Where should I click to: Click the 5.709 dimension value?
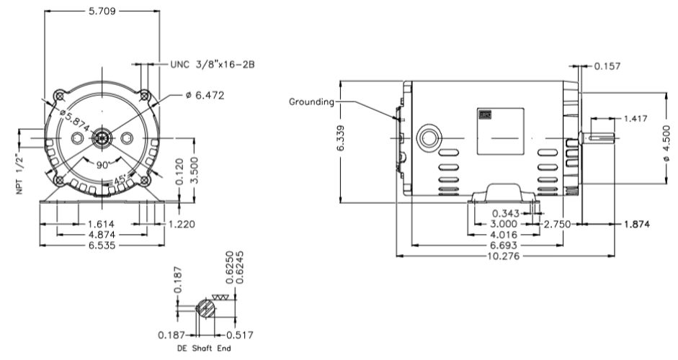point(102,12)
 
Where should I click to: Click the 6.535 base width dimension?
point(102,245)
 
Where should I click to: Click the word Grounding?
point(312,102)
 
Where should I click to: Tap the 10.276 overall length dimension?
point(504,255)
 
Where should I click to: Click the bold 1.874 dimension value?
point(637,225)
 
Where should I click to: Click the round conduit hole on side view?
point(429,136)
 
